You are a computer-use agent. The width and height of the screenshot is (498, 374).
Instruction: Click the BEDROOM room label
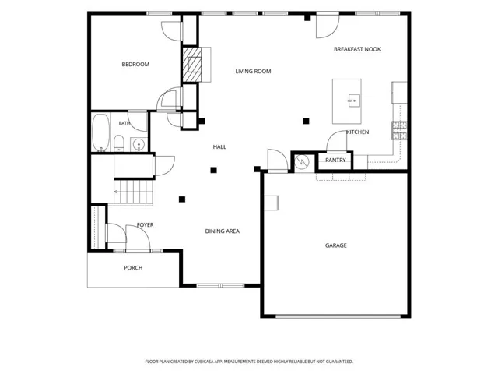pyautogui.click(x=135, y=64)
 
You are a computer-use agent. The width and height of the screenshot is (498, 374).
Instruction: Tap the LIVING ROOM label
pyautogui.click(x=253, y=71)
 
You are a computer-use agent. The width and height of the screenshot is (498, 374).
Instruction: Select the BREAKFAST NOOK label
pyautogui.click(x=357, y=49)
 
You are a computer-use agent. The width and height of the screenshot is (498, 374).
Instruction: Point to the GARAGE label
pyautogui.click(x=336, y=245)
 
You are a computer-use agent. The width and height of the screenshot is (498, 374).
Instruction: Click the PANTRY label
pyautogui.click(x=335, y=160)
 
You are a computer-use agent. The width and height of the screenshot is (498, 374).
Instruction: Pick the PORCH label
pyautogui.click(x=133, y=268)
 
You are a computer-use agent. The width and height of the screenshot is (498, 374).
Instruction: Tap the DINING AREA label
pyautogui.click(x=223, y=231)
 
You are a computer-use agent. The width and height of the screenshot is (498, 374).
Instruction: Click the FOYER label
pyautogui.click(x=146, y=225)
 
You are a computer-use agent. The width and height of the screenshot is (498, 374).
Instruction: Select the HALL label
pyautogui.click(x=219, y=147)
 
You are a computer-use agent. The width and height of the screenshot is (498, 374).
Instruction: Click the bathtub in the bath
pyautogui.click(x=100, y=132)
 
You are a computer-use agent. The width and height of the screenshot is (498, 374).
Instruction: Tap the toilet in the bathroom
pyautogui.click(x=119, y=143)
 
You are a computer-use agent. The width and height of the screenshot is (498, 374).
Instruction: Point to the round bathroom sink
pyautogui.click(x=139, y=145)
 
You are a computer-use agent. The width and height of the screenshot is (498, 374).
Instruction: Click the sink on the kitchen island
pyautogui.click(x=354, y=101)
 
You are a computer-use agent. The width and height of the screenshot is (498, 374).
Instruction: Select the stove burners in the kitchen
pyautogui.click(x=399, y=130)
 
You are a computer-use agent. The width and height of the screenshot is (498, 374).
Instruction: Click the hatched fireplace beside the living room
pyautogui.click(x=192, y=65)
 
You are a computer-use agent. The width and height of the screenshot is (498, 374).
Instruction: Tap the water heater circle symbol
pyautogui.click(x=302, y=162)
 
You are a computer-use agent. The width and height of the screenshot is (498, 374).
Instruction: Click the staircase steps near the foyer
pyautogui.click(x=133, y=192)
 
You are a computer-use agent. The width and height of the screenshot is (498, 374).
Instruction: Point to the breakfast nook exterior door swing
pyautogui.click(x=328, y=26)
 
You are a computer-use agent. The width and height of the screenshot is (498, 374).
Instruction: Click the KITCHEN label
pyautogui.click(x=358, y=132)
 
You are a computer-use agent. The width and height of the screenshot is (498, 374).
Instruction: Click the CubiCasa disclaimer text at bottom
pyautogui.click(x=249, y=362)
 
